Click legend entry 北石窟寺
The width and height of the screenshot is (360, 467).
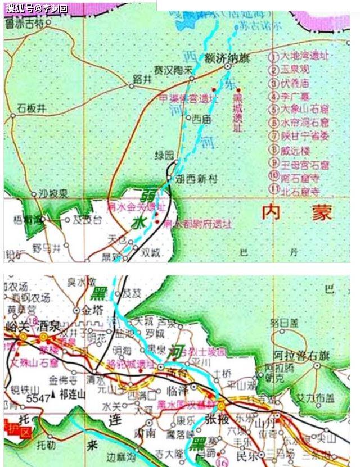[300, 191]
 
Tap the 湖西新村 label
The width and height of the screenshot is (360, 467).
[195, 179]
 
